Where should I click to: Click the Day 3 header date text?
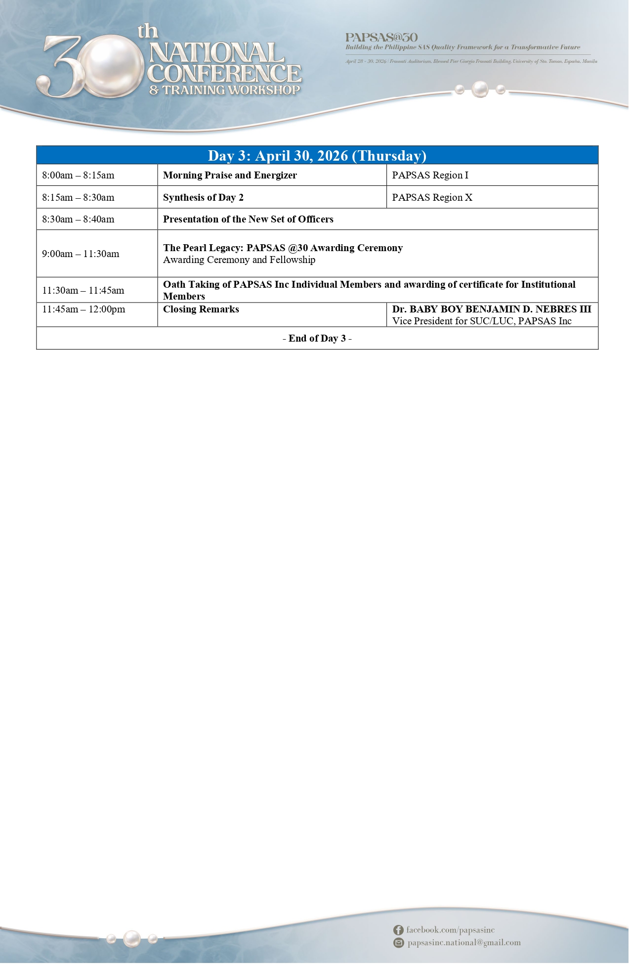click(317, 156)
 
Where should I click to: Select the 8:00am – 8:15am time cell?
click(78, 175)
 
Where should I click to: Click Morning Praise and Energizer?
click(230, 175)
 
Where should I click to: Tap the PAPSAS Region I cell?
click(430, 175)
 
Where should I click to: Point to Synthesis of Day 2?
click(203, 198)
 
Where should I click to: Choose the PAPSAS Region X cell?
click(432, 198)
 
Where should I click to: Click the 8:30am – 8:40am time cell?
click(78, 219)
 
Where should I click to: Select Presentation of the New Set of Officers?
click(248, 219)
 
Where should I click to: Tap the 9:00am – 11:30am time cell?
click(81, 254)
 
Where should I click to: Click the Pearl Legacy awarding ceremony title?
click(283, 248)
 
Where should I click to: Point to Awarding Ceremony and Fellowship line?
click(239, 260)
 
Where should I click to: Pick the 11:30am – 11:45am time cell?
click(83, 291)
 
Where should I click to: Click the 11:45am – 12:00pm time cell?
click(84, 309)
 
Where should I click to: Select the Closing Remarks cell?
click(201, 309)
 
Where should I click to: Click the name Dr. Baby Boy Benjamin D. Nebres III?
click(491, 309)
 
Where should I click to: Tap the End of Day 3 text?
click(317, 339)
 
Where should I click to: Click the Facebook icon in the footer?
click(398, 930)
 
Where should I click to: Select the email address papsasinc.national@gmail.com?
click(464, 943)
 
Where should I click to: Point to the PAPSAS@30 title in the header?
click(381, 38)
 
